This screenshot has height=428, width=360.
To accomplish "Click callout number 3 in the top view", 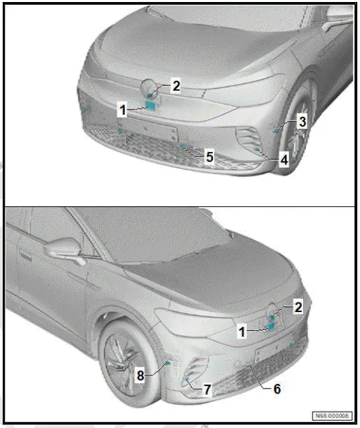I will pos(303,121).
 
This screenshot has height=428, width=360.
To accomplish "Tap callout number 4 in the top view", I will pos(284,160).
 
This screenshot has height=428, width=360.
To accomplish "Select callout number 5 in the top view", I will pos(209,157).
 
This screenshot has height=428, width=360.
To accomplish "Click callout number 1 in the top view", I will pos(123,109).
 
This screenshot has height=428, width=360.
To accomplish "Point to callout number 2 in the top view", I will pos(176,86).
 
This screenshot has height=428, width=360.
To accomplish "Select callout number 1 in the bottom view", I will pos(241,332).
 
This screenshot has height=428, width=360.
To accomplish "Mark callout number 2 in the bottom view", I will pos(298,307).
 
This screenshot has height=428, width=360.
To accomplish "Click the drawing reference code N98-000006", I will pos(332,415).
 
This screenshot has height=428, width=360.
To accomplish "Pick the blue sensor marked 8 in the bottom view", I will pos(167,364).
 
